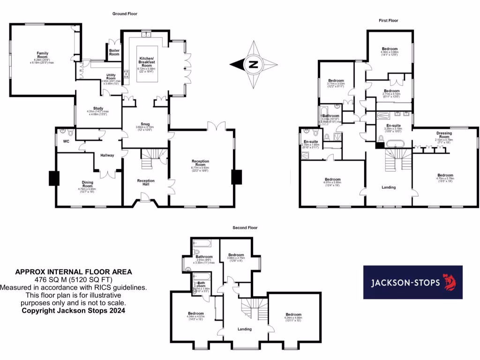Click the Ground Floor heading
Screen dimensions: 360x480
pyautogui.click(x=125, y=14)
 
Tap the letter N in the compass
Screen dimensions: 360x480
pyautogui.click(x=253, y=65)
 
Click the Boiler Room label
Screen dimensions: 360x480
pyautogui.click(x=114, y=52)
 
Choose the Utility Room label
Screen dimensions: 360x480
pyautogui.click(x=111, y=76)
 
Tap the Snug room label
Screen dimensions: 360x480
pyautogui.click(x=145, y=123)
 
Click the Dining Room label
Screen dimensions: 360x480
pyautogui.click(x=88, y=184)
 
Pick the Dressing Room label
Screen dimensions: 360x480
pyautogui.click(x=444, y=135)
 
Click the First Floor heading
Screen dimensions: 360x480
pyautogui.click(x=389, y=21)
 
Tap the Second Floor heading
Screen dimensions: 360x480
pyautogui.click(x=245, y=228)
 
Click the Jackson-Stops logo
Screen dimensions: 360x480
pyautogui.click(x=412, y=282)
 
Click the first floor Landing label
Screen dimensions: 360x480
pyautogui.click(x=389, y=187)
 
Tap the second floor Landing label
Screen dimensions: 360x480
pyautogui.click(x=245, y=329)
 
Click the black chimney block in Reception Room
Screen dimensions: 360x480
pyautogui.click(x=237, y=177)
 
